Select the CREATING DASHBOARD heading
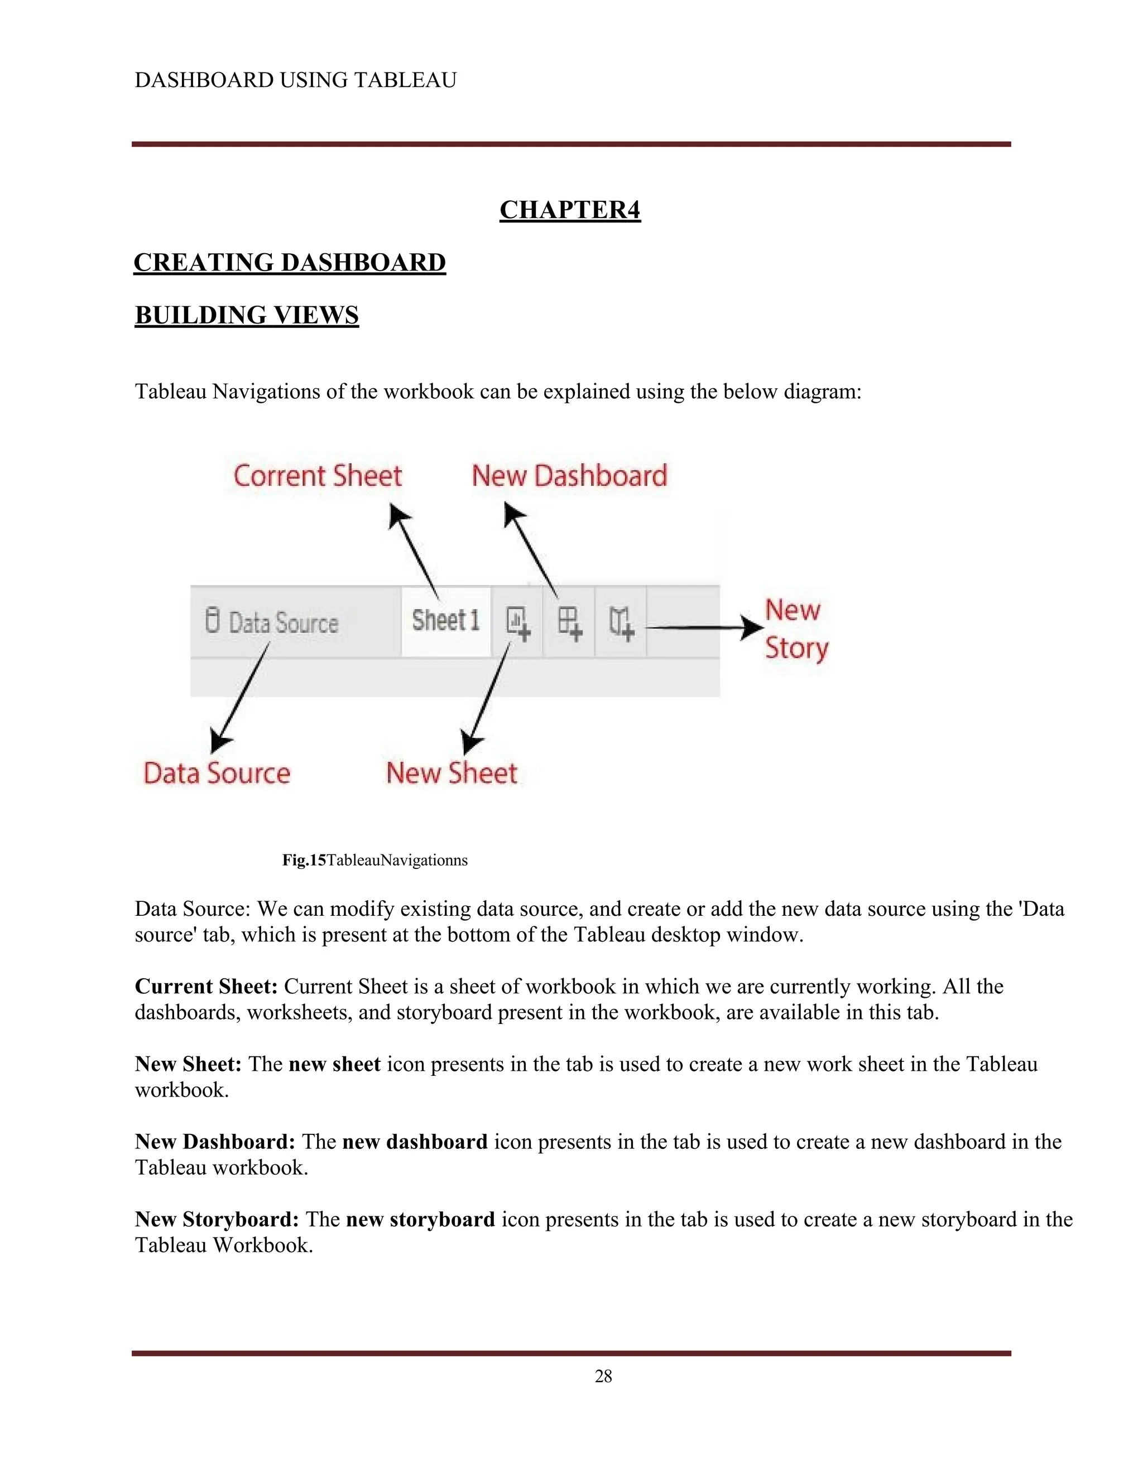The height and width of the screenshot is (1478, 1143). tap(290, 263)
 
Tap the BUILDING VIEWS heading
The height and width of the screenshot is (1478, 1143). tap(247, 315)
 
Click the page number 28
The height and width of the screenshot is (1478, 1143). tap(603, 1376)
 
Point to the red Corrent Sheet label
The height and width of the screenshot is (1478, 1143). tap(318, 476)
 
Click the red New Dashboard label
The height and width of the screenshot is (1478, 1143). tap(569, 476)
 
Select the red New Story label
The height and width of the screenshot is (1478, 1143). tap(796, 629)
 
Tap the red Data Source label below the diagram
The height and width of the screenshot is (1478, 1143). tap(217, 773)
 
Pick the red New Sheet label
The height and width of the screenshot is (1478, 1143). tap(452, 773)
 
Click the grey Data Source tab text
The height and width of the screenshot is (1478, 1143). tap(283, 622)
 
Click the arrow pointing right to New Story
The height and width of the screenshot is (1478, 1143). tap(704, 628)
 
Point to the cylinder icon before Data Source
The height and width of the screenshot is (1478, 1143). tap(213, 621)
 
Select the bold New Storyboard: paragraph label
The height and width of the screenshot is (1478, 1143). tap(217, 1219)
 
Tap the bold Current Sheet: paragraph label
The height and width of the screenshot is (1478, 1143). tap(206, 986)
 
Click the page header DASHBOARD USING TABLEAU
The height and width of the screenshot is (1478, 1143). tap(295, 80)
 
